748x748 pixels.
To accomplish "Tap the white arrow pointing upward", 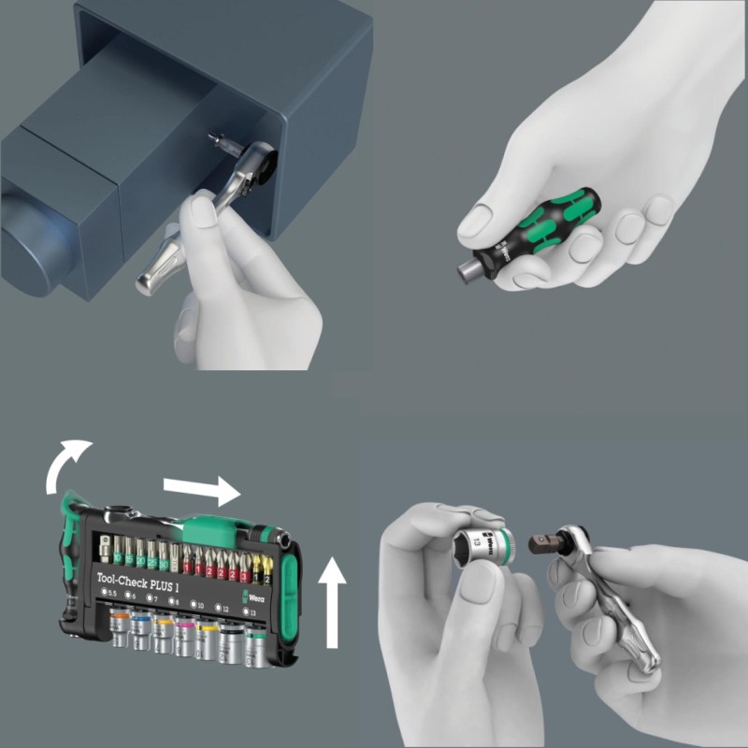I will [x=332, y=598].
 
